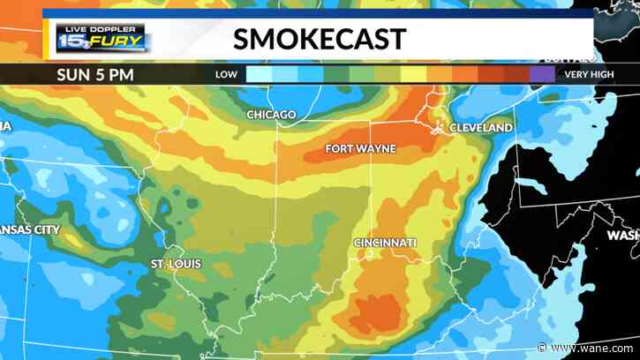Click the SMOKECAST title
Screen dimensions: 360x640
320,39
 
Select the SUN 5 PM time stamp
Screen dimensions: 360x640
97,74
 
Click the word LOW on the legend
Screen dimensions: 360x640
226,75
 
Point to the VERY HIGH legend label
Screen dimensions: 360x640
589,75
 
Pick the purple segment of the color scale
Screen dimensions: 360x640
541,74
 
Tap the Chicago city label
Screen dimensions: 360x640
273,116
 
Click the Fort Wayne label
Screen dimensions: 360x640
360,148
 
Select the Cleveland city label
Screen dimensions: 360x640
481,128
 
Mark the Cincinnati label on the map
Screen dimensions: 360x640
385,242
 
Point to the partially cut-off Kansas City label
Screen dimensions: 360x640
30,229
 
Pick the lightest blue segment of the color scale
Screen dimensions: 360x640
259,74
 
